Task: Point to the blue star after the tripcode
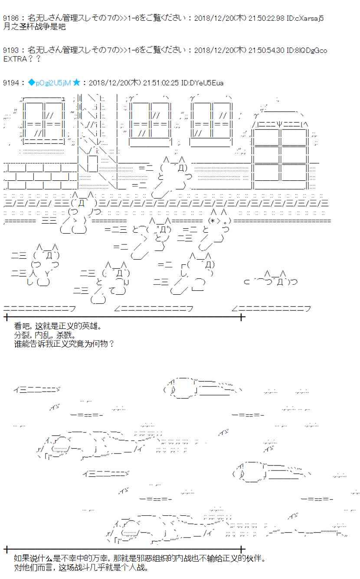pos(76,83)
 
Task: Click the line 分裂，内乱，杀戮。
pos(44,335)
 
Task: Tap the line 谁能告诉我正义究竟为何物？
pos(64,344)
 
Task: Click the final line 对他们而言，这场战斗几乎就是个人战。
pos(81,568)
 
